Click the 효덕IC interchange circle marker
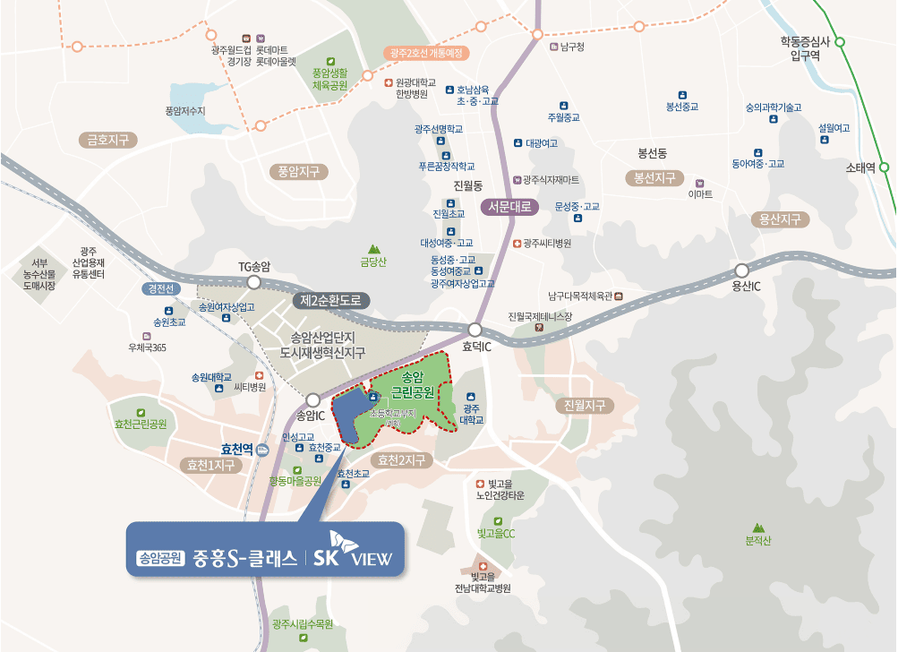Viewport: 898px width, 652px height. pyautogui.click(x=475, y=330)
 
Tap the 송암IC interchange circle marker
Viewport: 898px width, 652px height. pyautogui.click(x=312, y=400)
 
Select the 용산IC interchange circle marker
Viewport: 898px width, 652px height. pyautogui.click(x=741, y=270)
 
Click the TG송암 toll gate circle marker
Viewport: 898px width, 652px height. pyautogui.click(x=253, y=282)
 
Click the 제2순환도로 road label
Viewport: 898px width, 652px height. pyautogui.click(x=330, y=300)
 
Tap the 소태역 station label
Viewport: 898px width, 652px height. pyautogui.click(x=860, y=167)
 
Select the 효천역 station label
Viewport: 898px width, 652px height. pyautogui.click(x=237, y=450)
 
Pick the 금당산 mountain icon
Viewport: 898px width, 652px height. pyautogui.click(x=373, y=249)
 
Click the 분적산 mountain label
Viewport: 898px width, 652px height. pyautogui.click(x=757, y=540)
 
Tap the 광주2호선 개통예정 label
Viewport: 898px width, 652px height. pyautogui.click(x=426, y=53)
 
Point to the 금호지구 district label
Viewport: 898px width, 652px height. pyautogui.click(x=107, y=140)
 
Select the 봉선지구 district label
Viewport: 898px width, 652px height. pyautogui.click(x=654, y=177)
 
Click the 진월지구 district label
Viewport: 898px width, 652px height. pyautogui.click(x=586, y=405)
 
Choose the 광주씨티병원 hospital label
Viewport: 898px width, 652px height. pyautogui.click(x=547, y=243)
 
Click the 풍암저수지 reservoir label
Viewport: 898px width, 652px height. pyautogui.click(x=185, y=110)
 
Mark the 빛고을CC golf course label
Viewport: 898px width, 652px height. pyautogui.click(x=496, y=533)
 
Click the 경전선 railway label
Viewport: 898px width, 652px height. pyautogui.click(x=162, y=289)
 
